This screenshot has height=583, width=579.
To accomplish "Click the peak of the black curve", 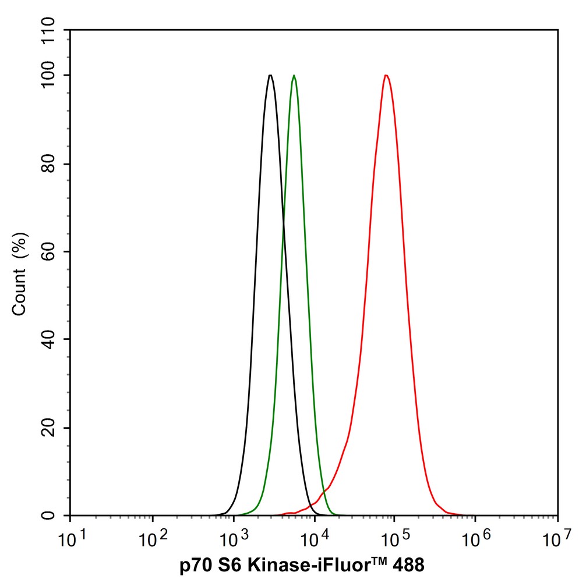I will click(x=270, y=75).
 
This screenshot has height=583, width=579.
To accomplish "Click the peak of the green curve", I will click(x=294, y=75).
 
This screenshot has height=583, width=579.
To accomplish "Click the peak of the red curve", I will click(x=386, y=75).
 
